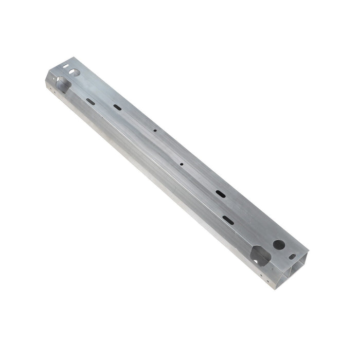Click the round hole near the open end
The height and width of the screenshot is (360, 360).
(278, 245)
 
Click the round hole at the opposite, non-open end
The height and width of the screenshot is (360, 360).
(74, 73)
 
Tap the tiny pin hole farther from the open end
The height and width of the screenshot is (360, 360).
(155, 131)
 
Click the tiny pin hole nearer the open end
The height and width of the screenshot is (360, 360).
(182, 164)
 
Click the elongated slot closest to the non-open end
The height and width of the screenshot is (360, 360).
(91, 101)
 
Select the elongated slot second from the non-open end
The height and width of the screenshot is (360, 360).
(117, 107)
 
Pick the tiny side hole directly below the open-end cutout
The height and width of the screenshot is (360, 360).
(261, 275)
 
